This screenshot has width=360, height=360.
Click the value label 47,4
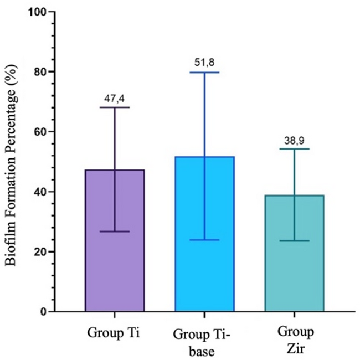(115, 98)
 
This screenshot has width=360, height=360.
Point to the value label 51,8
(204, 63)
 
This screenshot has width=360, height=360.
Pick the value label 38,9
(294, 140)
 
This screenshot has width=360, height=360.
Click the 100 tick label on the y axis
(37, 12)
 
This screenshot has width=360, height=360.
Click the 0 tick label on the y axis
(43, 312)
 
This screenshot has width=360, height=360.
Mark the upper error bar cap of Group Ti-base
(204, 73)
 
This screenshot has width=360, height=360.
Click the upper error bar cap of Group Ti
(115, 107)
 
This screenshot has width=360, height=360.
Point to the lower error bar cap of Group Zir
(294, 241)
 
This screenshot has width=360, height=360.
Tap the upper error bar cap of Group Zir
(294, 149)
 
